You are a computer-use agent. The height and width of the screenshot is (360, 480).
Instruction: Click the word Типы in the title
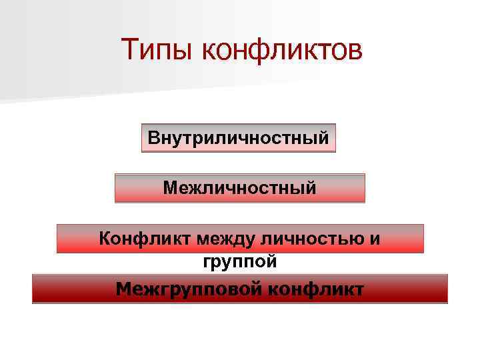(x=157, y=51)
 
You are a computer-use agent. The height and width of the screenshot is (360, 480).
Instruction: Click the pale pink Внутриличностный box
(x=239, y=138)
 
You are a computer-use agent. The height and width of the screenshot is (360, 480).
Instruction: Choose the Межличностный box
(x=240, y=188)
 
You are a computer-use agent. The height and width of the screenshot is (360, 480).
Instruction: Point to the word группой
(x=239, y=262)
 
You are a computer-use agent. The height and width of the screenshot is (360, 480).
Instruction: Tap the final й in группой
(x=271, y=261)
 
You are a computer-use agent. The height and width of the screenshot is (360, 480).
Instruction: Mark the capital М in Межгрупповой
(x=123, y=289)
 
